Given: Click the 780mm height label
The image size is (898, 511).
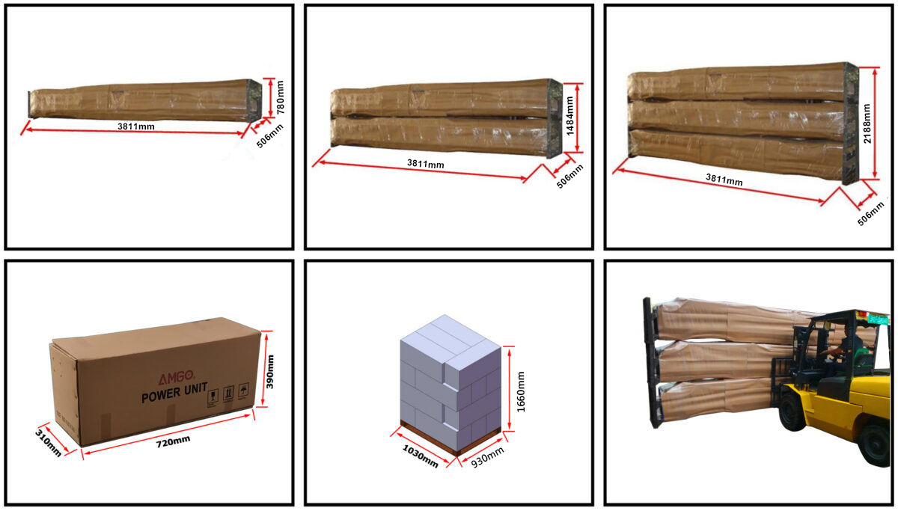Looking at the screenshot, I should [x=281, y=98].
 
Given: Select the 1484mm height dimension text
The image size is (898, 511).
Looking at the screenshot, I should [x=569, y=118].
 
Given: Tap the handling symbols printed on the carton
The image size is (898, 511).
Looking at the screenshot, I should [x=228, y=394].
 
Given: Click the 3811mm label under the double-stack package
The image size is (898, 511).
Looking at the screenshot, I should [x=425, y=163].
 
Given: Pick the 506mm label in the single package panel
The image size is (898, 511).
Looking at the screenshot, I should [x=270, y=135].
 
